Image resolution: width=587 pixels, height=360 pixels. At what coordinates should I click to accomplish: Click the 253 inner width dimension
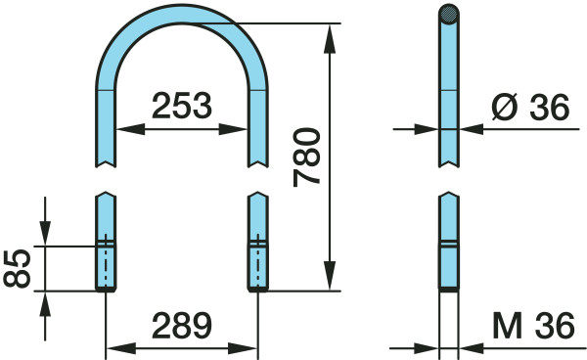(182, 106)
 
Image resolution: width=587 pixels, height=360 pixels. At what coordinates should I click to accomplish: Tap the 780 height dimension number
(306, 157)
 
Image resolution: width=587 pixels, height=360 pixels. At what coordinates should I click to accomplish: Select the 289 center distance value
(182, 325)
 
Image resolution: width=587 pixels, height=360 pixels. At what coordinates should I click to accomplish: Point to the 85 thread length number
(17, 268)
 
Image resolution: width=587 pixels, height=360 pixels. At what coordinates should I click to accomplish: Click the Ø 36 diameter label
(530, 107)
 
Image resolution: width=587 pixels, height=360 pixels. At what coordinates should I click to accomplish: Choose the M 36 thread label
(533, 325)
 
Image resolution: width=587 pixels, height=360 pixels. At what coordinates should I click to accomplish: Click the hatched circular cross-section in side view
(449, 15)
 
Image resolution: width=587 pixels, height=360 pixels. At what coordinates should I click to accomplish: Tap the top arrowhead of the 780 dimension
(330, 38)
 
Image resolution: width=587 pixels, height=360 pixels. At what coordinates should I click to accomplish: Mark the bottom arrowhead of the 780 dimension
(330, 276)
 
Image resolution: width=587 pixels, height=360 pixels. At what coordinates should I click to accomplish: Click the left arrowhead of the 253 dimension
(131, 129)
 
